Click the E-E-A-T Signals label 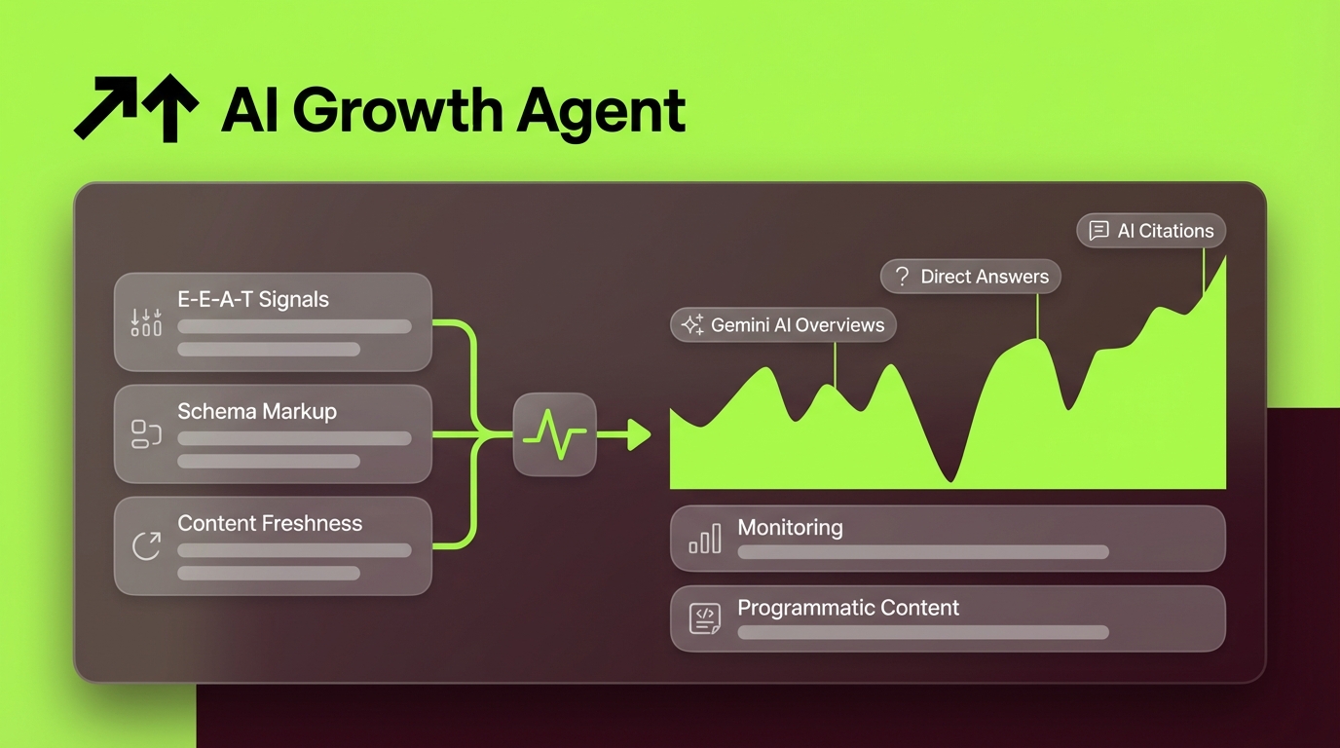coord(252,299)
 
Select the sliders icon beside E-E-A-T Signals coord(146,322)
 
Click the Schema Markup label coord(256,411)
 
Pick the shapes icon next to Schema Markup coord(146,434)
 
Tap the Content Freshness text coord(269,523)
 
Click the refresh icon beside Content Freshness coord(146,546)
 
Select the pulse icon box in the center coord(554,434)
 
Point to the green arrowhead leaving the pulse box coord(639,434)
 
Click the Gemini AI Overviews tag coord(783,325)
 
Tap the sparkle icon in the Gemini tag coord(692,325)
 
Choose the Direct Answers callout coord(970,277)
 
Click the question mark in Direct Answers coord(902,277)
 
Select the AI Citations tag coord(1151,231)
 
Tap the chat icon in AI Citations coord(1098,231)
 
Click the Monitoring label coord(790,528)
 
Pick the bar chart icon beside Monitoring coord(705,539)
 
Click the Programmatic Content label coord(848,608)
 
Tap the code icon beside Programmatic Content coord(705,618)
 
